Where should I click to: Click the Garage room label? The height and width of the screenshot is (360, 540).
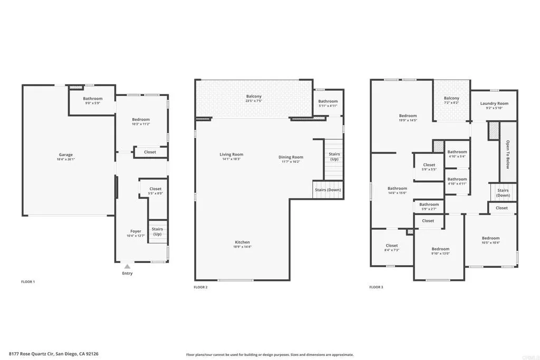(66, 155)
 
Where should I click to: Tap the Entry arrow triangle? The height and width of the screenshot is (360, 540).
(127, 267)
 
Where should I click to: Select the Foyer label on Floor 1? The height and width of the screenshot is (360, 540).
(136, 231)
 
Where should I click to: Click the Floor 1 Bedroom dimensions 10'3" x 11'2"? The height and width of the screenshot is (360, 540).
(141, 124)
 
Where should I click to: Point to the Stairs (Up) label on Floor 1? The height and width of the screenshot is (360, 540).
(157, 231)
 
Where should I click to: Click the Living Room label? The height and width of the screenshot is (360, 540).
(232, 154)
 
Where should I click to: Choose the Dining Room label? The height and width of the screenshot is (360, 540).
(291, 157)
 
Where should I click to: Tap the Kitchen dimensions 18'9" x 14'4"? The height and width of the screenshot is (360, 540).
(242, 247)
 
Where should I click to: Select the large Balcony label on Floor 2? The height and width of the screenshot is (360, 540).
(254, 96)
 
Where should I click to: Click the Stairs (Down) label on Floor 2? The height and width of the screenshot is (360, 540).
(327, 190)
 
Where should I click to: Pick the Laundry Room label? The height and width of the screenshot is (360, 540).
(494, 103)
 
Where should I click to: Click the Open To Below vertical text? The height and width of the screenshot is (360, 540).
(508, 154)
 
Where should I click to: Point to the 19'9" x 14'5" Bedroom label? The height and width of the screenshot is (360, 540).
(408, 116)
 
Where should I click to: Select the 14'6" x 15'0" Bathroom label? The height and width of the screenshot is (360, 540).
(397, 188)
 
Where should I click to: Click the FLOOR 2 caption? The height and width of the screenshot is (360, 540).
(200, 287)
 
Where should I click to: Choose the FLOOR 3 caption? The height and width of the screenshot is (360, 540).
(375, 287)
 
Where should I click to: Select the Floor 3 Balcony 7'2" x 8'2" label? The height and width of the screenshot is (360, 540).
(451, 98)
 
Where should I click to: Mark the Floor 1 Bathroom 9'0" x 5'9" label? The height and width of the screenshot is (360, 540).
(93, 99)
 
